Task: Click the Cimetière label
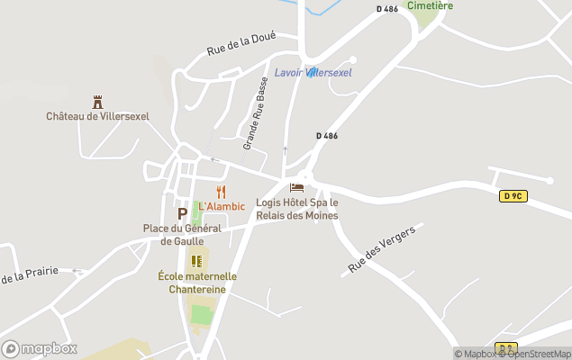pos(430,5)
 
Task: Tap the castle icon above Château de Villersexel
pos(97,103)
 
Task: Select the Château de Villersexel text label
pos(97,116)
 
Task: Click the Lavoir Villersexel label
pos(313,72)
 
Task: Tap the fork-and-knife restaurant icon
pos(222,192)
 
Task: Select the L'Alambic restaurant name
pos(222,206)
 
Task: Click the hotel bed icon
pos(296,188)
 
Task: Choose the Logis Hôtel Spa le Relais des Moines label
pos(297,209)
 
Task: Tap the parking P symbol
pos(182,213)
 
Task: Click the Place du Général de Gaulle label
pos(182,234)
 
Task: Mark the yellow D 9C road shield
pos(513,195)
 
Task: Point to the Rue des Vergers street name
pos(382,250)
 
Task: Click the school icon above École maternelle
pos(196,261)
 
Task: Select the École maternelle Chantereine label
pos(197,283)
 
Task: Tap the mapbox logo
pos(40,348)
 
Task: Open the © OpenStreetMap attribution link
pos(538,354)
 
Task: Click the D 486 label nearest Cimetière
pos(386,9)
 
